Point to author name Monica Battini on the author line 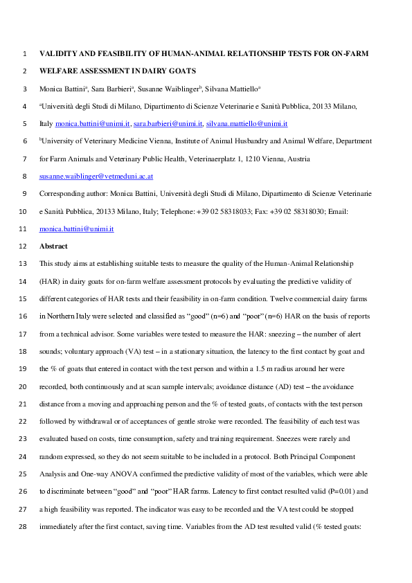click(x=64, y=89)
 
